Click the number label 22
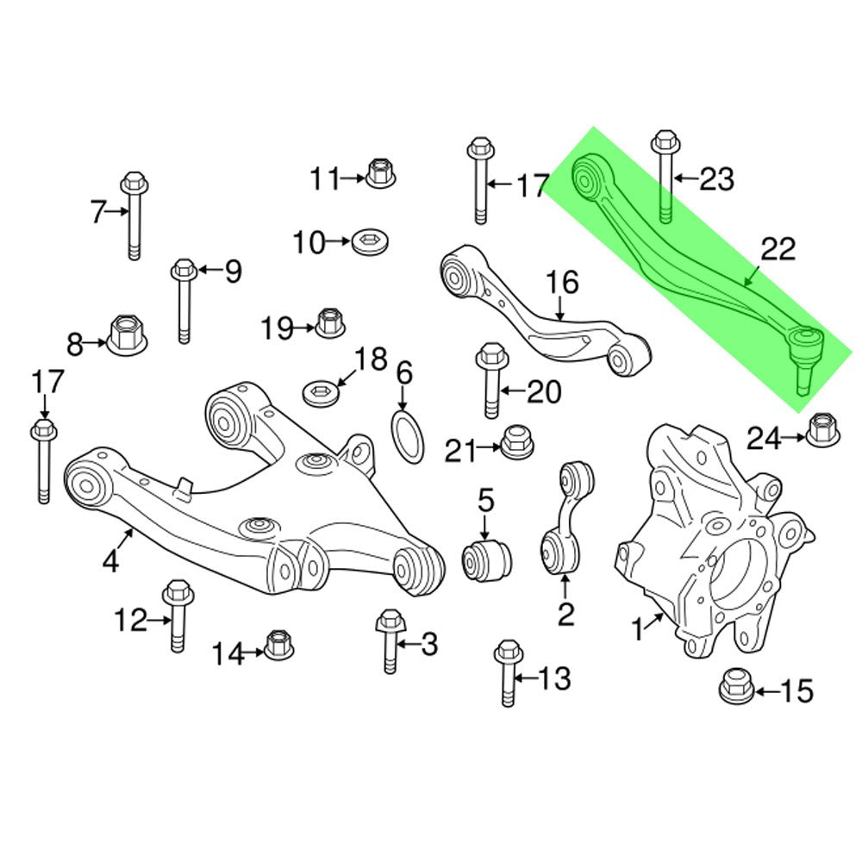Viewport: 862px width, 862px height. (778, 250)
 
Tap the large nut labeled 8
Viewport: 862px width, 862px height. (128, 333)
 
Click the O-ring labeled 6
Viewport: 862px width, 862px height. (409, 436)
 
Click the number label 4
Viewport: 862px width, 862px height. (110, 562)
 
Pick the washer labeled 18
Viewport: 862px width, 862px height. (321, 393)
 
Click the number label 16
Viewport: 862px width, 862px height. (562, 282)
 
